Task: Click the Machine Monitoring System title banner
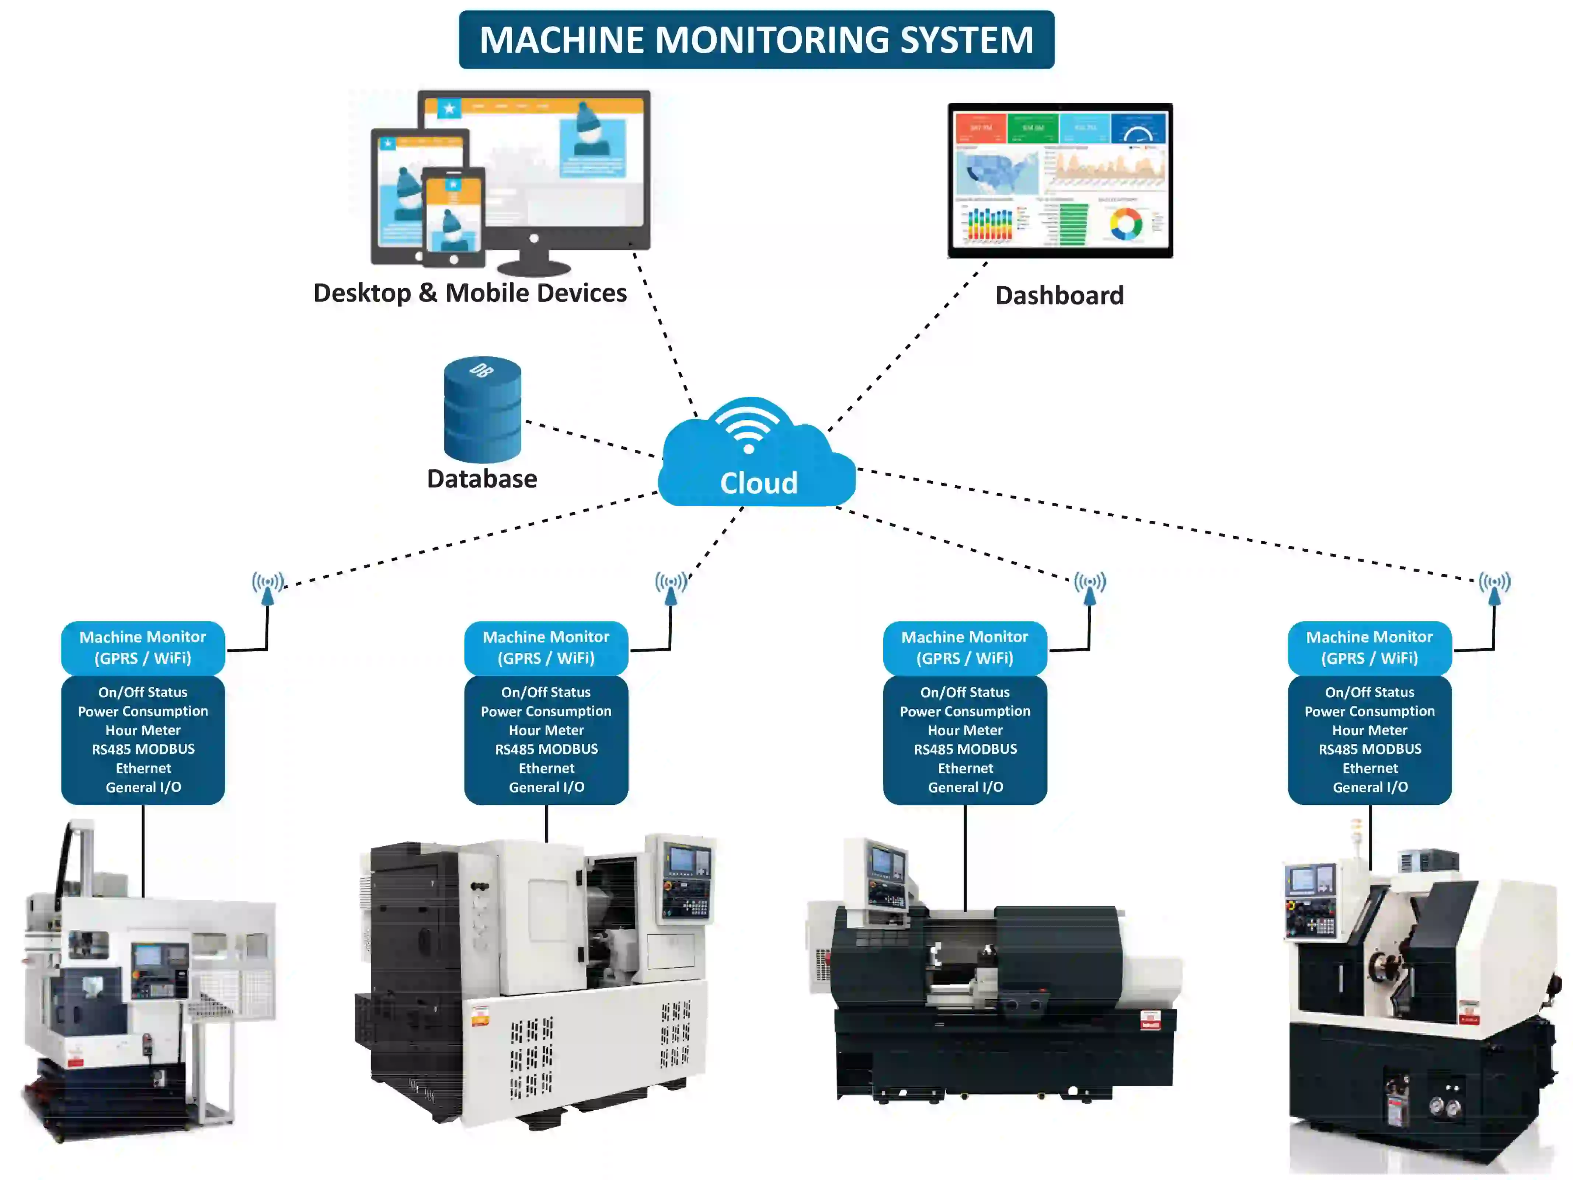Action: (x=756, y=40)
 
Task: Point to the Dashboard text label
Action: (x=1059, y=295)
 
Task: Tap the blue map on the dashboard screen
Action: (x=997, y=173)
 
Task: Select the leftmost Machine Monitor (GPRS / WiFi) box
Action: (x=143, y=647)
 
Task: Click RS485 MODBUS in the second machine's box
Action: (x=546, y=749)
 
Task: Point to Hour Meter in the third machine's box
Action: (x=965, y=730)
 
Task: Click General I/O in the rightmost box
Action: (x=1370, y=787)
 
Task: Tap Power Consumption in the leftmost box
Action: (x=143, y=711)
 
